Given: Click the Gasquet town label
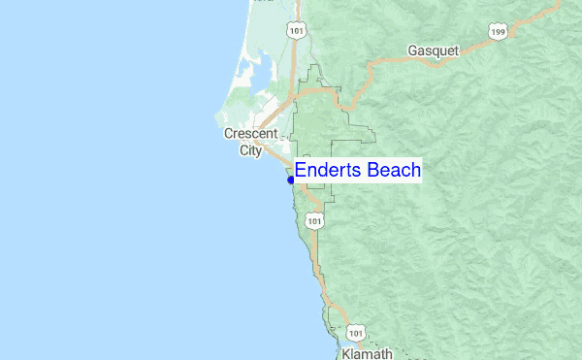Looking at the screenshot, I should (x=432, y=50).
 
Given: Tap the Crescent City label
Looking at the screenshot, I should (x=250, y=142).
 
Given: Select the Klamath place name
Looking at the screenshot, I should (x=367, y=353).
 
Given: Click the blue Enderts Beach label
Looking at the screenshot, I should (x=357, y=171).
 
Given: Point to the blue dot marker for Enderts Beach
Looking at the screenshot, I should (x=290, y=180).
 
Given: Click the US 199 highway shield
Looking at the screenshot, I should (x=499, y=31).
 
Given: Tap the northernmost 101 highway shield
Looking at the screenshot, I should (x=296, y=30).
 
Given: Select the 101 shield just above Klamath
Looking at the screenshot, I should (x=356, y=333).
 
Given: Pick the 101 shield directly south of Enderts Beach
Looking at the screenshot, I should (x=313, y=222).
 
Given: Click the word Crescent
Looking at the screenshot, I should (x=250, y=134).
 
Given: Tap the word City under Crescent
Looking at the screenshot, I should (x=250, y=150).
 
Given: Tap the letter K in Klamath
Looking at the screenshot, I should (x=346, y=353).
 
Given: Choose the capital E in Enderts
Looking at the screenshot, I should (x=301, y=171).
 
